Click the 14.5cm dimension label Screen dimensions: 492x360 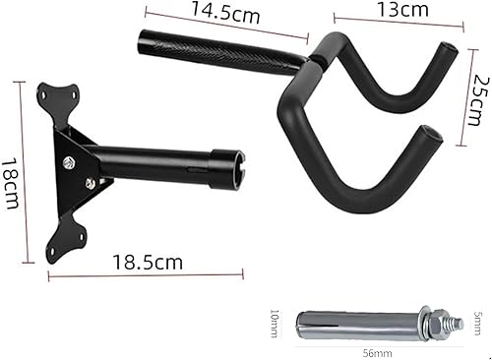click(x=225, y=12)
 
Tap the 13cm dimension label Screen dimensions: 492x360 click(x=402, y=10)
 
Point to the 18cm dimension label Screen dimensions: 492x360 click(x=11, y=184)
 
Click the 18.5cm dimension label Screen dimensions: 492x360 click(x=148, y=263)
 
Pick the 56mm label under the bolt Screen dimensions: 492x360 click(x=378, y=353)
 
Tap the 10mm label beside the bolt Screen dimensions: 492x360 click(x=275, y=324)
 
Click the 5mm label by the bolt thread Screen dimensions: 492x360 click(x=477, y=323)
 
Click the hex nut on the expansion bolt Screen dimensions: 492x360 click(x=438, y=322)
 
